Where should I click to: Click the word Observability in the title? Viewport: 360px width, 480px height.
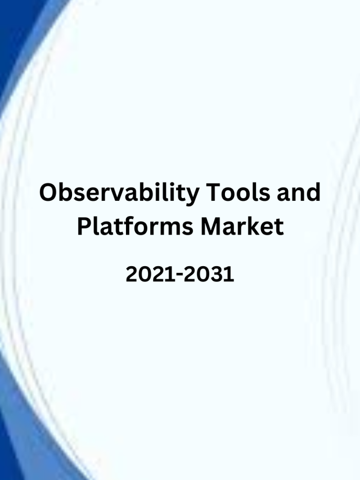[119, 194]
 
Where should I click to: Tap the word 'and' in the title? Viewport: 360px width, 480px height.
[299, 192]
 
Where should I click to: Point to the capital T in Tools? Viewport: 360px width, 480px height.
[214, 192]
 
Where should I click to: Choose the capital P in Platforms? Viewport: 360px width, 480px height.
[84, 226]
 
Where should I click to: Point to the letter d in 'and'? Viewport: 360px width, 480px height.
[313, 192]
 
